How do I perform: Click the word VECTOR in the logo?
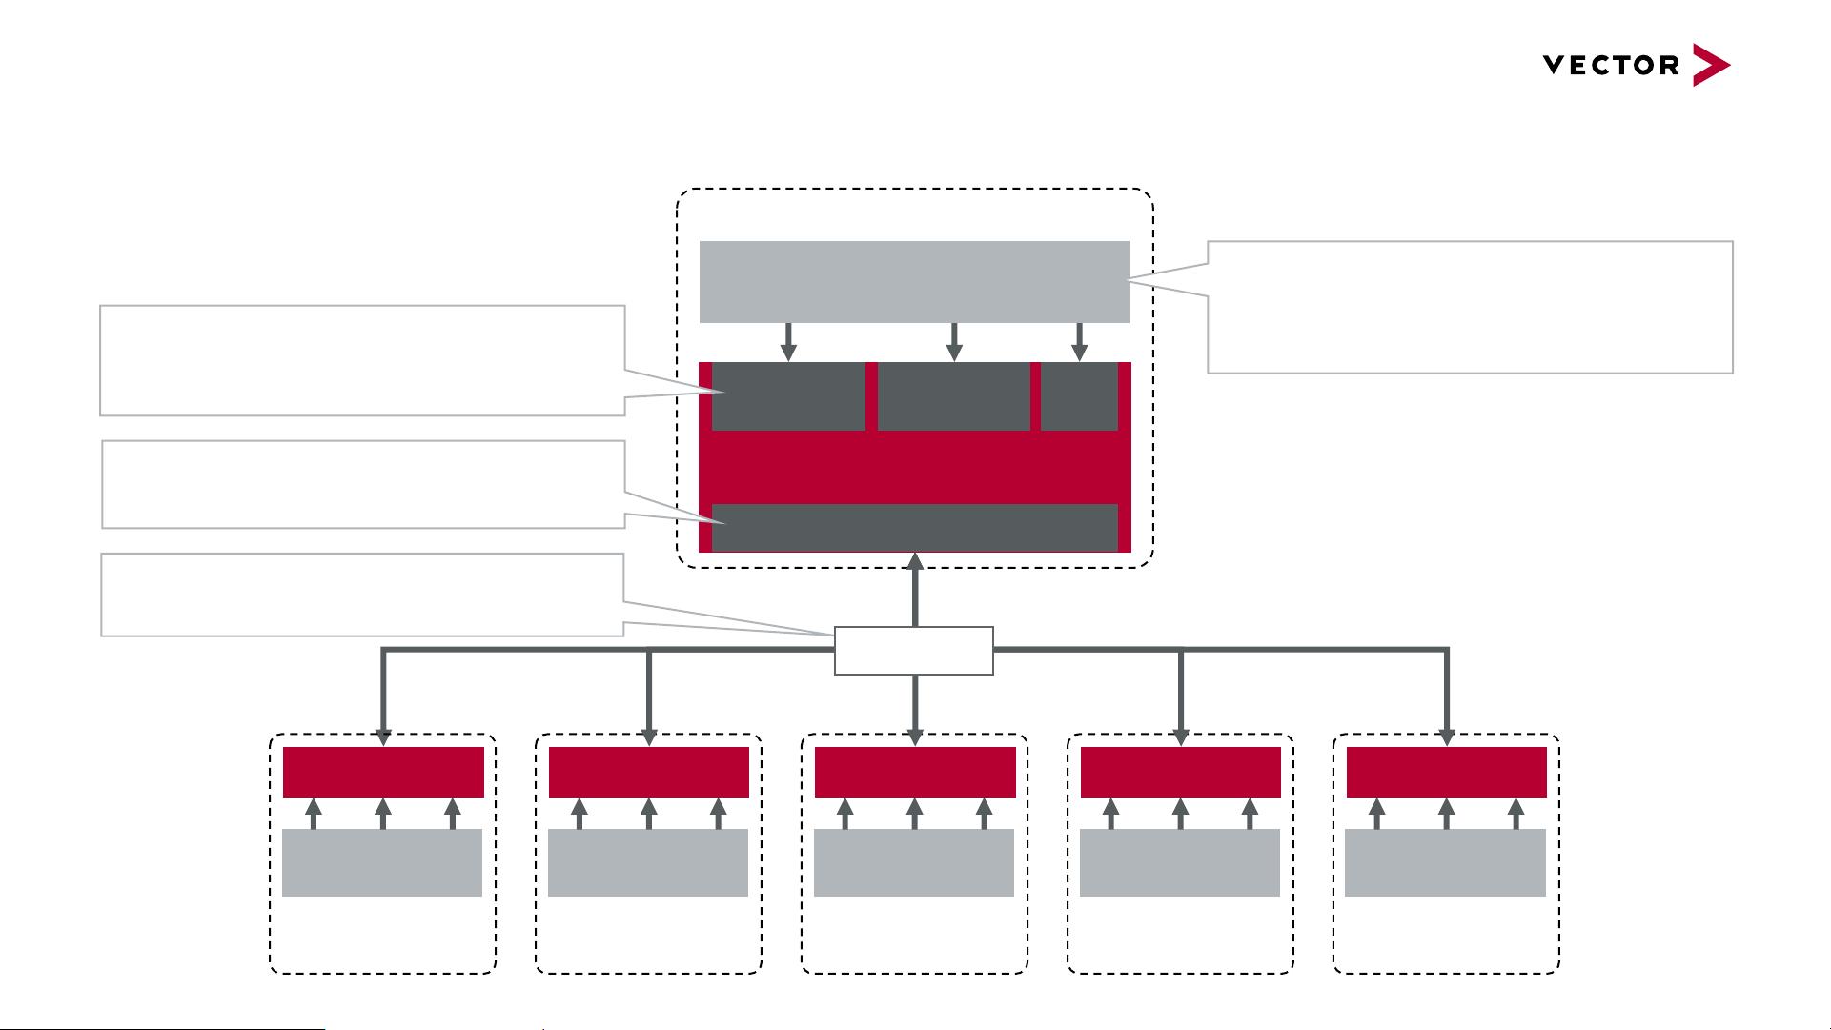(x=1611, y=66)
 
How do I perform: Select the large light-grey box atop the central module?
(x=914, y=281)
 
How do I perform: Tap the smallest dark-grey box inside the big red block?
(x=1079, y=396)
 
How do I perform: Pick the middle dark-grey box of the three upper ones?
(x=953, y=396)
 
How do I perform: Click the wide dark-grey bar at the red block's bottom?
(x=914, y=527)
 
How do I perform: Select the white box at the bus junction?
(x=913, y=651)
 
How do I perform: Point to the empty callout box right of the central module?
(x=1469, y=307)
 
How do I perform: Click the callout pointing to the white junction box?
(x=362, y=595)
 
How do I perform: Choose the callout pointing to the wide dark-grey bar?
(x=362, y=484)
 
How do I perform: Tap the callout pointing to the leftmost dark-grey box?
(x=362, y=360)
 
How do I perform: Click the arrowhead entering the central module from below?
(x=914, y=561)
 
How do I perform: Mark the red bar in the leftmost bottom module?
(x=383, y=772)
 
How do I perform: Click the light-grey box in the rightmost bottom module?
(x=1445, y=862)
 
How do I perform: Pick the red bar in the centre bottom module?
(x=915, y=772)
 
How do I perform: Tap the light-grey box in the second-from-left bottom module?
(x=648, y=862)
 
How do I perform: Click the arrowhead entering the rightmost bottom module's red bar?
(x=1446, y=737)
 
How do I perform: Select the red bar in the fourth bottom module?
(x=1180, y=772)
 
